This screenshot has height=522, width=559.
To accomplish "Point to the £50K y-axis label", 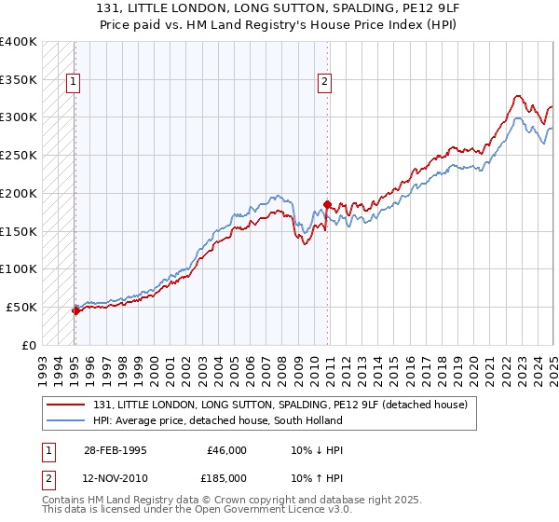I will pos(21,307).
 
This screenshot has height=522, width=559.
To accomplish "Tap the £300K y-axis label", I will pos(19,117).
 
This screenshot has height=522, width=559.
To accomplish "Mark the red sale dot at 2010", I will pos(327,204).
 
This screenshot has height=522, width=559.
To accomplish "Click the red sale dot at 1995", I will pos(75,310).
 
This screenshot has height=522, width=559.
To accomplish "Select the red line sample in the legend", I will pos(66,405).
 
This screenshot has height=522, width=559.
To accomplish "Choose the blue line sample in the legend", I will pos(66,420).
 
